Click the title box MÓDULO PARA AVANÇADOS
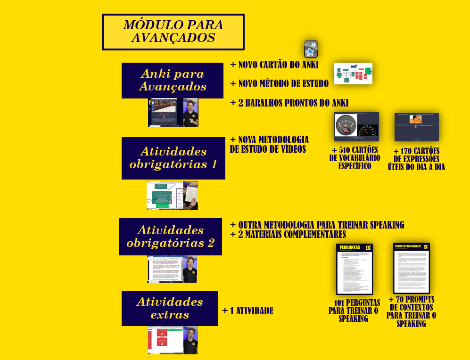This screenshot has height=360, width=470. coord(173,32)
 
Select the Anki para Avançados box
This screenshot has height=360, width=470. coord(172,81)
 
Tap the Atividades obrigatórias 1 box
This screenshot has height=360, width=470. coord(173,158)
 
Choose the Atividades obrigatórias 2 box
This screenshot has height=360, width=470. coord(170,237)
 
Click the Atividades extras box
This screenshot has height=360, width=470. coord(169,308)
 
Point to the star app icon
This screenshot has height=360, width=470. coord(311,49)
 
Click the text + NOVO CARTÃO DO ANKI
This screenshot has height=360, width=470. coord(274,65)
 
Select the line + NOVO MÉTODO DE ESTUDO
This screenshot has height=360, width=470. coord(279,84)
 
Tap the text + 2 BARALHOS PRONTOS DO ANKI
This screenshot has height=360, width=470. coord(289,103)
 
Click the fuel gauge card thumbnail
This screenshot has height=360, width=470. coord(356,127)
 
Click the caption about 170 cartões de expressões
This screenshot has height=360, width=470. coord(416,159)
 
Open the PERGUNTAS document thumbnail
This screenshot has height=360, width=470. coord(355,269)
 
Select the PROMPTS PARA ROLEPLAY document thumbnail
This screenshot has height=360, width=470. coord(411,268)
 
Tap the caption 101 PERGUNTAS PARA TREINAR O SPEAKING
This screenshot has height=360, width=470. coord(353,311)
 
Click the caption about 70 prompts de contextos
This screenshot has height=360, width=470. coord(412,311)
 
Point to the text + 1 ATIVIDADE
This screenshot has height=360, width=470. coord(247,311)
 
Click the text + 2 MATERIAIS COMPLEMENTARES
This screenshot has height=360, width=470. coord(288,235)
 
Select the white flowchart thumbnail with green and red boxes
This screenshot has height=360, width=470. coord(353,74)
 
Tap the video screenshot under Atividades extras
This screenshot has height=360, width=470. coord(173,340)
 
